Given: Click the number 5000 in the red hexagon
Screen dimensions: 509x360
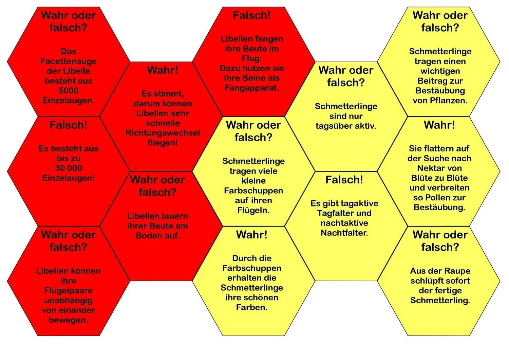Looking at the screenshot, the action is point(68,91).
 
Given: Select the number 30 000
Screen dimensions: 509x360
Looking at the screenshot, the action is point(68,168).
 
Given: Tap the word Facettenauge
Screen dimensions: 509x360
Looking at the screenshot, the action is point(68,61).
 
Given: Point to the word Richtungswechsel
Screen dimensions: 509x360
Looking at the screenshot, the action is point(163,133).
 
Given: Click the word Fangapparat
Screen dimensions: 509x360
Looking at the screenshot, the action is point(251,88).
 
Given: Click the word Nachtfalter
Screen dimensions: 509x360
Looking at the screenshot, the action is point(344,233).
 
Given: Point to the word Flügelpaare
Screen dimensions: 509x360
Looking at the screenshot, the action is point(68,291).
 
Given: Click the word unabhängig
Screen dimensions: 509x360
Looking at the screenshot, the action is point(68,301).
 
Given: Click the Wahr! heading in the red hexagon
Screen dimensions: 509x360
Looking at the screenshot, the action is point(163,70).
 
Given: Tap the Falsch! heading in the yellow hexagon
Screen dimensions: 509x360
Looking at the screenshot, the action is point(344,180).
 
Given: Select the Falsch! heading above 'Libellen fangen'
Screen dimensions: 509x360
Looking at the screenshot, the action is point(251,15).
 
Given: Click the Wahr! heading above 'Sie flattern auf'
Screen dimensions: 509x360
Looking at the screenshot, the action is point(439,125).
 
